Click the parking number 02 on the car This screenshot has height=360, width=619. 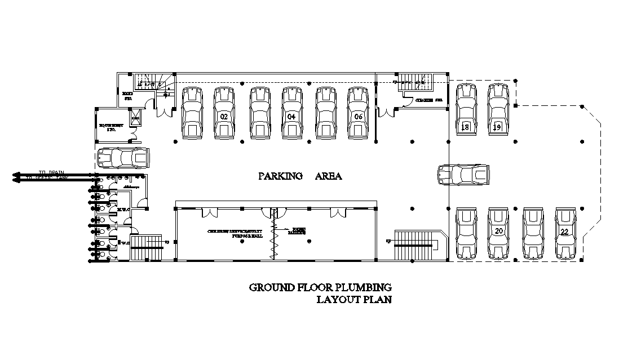224,117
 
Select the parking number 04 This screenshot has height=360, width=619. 291,117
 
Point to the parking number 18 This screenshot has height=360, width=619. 466,127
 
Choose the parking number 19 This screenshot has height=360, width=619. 497,127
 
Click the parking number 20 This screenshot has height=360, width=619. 498,231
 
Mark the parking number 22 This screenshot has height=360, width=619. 564,231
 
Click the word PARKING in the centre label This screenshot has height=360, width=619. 280,176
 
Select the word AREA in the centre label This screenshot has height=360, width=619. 328,176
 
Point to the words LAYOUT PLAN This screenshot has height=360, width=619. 353,300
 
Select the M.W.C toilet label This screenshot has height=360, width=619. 124,210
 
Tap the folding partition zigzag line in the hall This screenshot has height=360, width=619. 273,237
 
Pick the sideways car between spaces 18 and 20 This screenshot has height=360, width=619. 464,174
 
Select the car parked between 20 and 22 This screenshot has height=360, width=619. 532,233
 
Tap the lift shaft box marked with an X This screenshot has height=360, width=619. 136,118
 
